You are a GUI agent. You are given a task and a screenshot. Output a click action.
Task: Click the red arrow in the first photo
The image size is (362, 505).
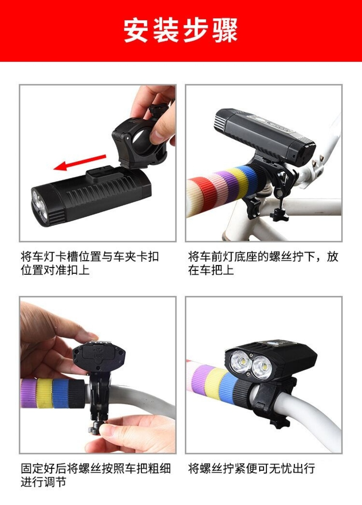click(x=80, y=163)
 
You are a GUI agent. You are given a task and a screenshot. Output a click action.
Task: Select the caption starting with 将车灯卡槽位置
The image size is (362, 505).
click(x=90, y=263)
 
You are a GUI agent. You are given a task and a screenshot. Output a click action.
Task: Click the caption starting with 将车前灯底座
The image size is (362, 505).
click(x=263, y=263)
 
